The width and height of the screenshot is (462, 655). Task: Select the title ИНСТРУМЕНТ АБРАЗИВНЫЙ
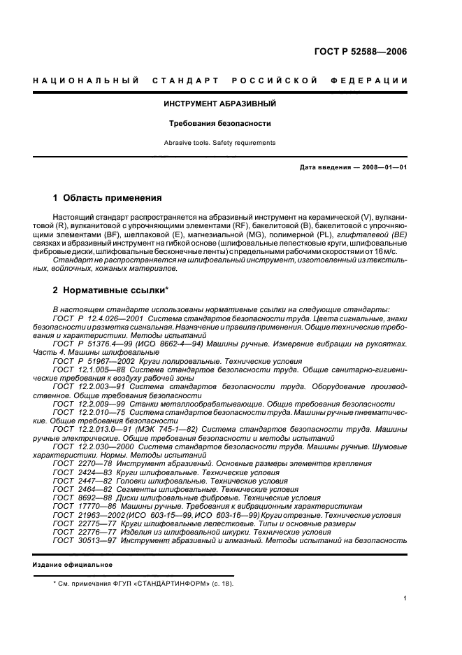[x=220, y=104]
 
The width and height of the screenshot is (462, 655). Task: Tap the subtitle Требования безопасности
[x=220, y=124]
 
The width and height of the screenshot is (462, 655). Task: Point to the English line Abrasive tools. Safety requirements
[x=220, y=143]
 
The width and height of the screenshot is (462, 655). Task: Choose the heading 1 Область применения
[x=108, y=198]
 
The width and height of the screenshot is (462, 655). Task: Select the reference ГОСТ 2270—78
[x=78, y=464]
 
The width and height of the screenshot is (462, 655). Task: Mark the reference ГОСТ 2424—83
[x=78, y=473]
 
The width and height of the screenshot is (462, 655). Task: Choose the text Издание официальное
[x=73, y=565]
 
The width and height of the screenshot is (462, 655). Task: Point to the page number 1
[x=405, y=598]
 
